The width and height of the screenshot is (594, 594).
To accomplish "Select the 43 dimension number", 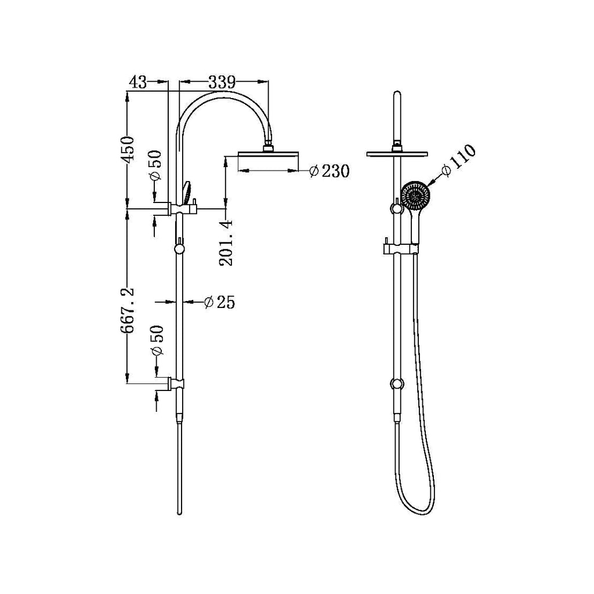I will click(x=137, y=83).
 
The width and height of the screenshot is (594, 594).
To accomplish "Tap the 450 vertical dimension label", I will click(x=128, y=148).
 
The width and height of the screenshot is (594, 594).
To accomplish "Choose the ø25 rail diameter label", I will click(x=219, y=302).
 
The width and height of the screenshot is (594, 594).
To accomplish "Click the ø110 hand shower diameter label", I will click(x=458, y=161).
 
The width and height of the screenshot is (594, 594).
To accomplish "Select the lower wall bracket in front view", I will click(x=397, y=383).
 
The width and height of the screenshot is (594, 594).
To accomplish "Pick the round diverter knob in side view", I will click(x=180, y=249).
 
